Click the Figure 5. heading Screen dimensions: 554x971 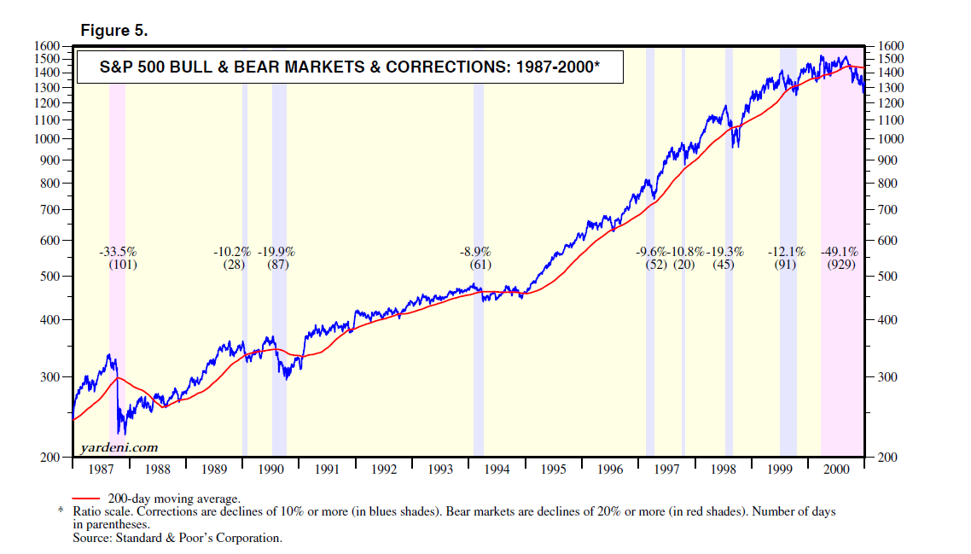tap(113, 30)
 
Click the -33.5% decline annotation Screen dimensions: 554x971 tap(118, 252)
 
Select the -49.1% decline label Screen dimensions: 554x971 tap(840, 252)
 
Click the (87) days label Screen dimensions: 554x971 tap(277, 265)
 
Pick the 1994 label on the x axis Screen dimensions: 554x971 tap(497, 469)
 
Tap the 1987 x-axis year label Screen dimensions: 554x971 tap(102, 469)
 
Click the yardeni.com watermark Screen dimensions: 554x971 tap(119, 447)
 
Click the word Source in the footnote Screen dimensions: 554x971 tap(90, 538)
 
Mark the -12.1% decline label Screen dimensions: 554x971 tap(786, 252)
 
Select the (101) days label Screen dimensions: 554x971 tap(123, 265)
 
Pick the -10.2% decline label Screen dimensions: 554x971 tap(231, 252)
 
